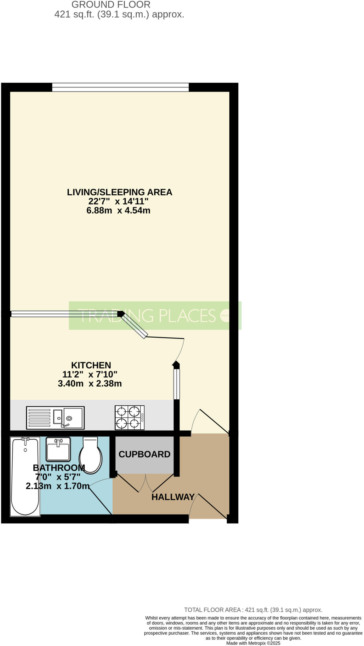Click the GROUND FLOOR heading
pos(111,5)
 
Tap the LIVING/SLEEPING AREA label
pos(119,192)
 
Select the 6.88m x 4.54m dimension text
pos(118,210)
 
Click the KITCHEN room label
pos(91,365)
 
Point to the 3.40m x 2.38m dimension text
pos(90,384)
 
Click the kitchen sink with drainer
pos(55,418)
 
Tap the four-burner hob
pos(129,417)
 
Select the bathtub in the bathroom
pos(25,476)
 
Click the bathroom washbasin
pos(58,449)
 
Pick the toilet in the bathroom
pos(91,455)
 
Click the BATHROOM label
pos(59,467)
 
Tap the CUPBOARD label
pos(145,454)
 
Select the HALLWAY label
pos(173,497)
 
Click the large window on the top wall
pos(120,87)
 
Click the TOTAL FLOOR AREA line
pos(253,610)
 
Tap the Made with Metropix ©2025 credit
pos(253,643)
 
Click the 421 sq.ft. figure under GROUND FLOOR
pos(74,15)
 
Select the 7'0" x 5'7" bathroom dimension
pos(58,477)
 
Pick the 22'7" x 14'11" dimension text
pos(118,201)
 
